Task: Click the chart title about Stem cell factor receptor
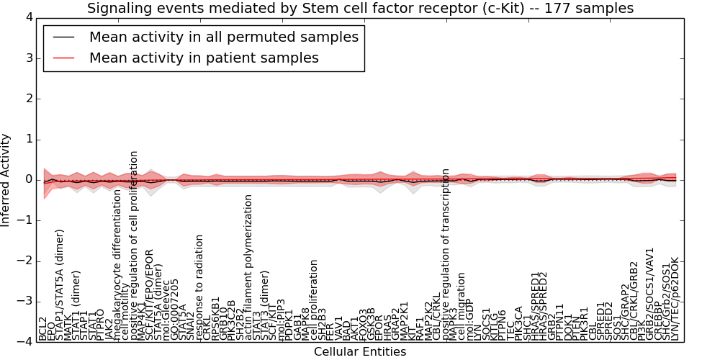(360, 9)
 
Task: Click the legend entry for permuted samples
(224, 37)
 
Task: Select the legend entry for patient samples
(204, 58)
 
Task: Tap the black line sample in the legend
(63, 37)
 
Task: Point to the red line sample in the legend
(63, 58)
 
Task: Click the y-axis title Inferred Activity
(6, 179)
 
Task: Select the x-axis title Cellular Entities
(360, 351)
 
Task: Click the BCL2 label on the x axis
(42, 328)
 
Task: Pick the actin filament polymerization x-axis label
(248, 267)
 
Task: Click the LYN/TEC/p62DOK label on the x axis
(675, 299)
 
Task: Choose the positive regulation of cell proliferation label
(134, 246)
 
